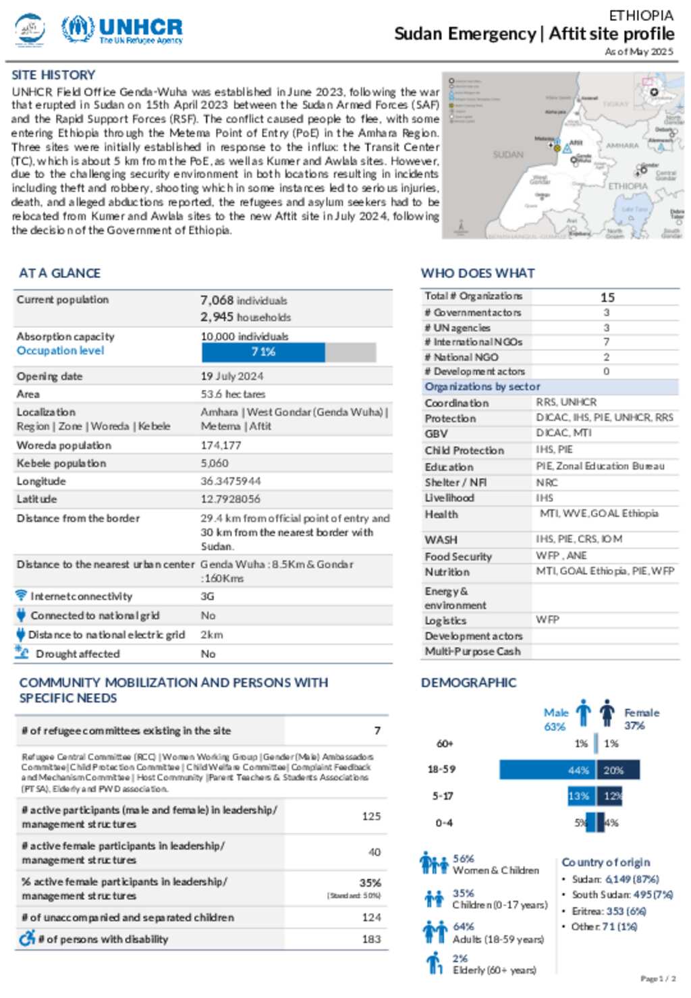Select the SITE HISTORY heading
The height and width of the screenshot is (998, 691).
pyautogui.click(x=53, y=75)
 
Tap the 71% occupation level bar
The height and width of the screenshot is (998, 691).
pyautogui.click(x=263, y=352)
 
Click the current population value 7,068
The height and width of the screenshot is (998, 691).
pyautogui.click(x=217, y=300)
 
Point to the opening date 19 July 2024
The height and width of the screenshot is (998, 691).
pyautogui.click(x=231, y=377)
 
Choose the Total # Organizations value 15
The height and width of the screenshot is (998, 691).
pyautogui.click(x=607, y=298)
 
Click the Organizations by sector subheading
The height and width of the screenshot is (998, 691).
pyautogui.click(x=482, y=387)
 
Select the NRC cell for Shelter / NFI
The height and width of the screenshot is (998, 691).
pyautogui.click(x=547, y=482)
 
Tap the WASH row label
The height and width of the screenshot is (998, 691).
pyautogui.click(x=441, y=540)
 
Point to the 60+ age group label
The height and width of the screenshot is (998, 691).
pyautogui.click(x=445, y=744)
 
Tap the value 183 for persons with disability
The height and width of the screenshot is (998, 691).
pyautogui.click(x=371, y=939)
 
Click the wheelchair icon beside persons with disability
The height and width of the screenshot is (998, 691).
pyautogui.click(x=27, y=938)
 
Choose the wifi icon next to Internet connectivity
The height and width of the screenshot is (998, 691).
pyautogui.click(x=22, y=596)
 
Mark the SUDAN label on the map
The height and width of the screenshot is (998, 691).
pyautogui.click(x=508, y=155)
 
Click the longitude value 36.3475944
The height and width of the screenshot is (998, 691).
pyautogui.click(x=230, y=481)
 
